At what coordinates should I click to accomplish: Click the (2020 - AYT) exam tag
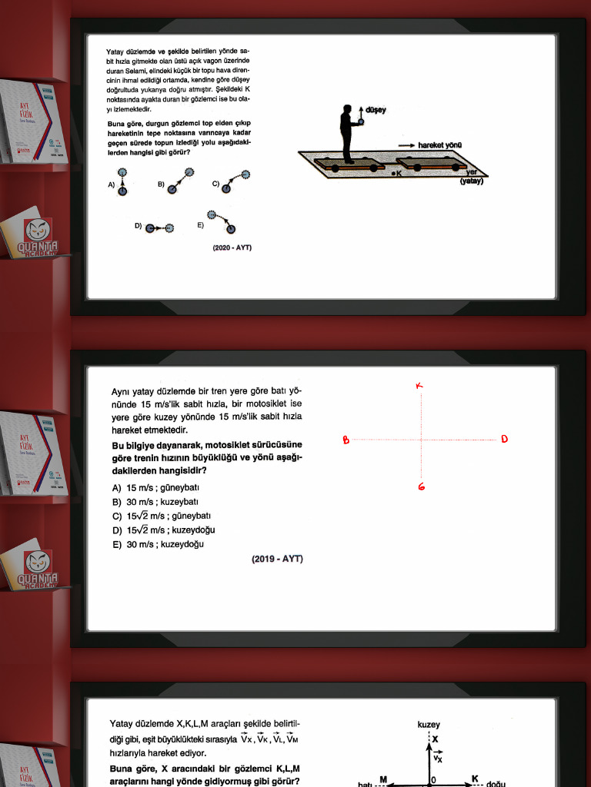(232, 247)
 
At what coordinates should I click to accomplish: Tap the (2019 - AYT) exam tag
(277, 559)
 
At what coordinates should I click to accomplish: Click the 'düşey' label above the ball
(376, 111)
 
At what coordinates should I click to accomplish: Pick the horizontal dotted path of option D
(159, 227)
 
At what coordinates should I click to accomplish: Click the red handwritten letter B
(346, 440)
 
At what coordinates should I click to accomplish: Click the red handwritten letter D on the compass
(504, 439)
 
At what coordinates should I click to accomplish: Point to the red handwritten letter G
(422, 486)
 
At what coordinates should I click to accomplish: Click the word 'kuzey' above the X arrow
(429, 724)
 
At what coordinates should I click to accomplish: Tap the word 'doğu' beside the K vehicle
(496, 784)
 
